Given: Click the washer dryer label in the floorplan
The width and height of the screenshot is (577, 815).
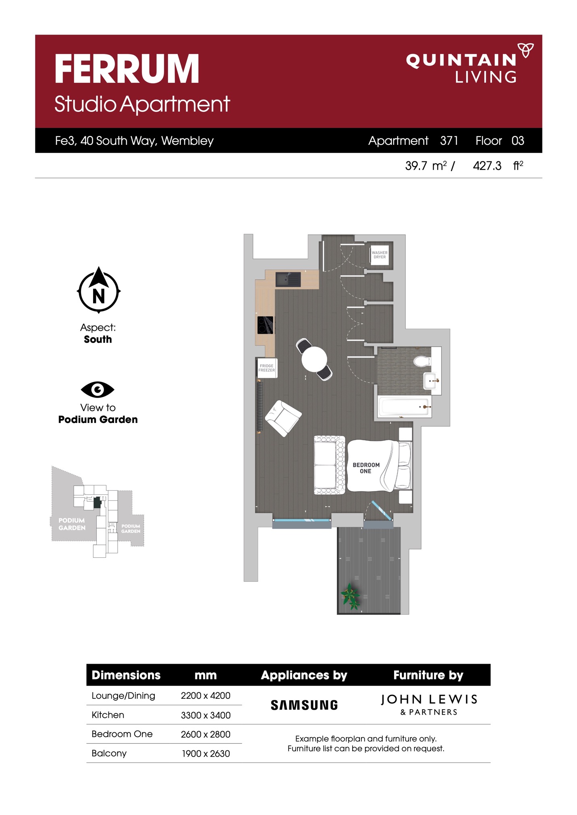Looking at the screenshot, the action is pos(380,255).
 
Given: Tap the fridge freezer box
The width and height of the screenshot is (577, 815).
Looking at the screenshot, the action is pos(267,368).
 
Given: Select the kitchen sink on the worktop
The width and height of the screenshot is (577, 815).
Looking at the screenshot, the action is pos(288,279).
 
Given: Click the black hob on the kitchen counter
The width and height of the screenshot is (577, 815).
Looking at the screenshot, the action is pos(266,325).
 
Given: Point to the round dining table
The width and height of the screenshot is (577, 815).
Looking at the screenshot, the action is pos(314,359).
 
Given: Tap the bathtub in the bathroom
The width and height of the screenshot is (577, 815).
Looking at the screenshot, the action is pos(404,406).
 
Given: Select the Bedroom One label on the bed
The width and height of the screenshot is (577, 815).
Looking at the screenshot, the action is pos(366,468).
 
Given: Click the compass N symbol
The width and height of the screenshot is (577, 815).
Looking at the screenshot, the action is pos(99,290).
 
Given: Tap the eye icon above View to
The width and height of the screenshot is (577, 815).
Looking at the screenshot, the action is pos(98,389).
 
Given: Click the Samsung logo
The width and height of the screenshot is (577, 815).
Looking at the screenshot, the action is pos(304,705).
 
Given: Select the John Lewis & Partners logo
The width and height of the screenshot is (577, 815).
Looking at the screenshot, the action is pos(429,704).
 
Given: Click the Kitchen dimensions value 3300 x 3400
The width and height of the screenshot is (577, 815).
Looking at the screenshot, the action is pos(205,715).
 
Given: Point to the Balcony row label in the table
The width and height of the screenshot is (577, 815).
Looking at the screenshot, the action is pos(109,753).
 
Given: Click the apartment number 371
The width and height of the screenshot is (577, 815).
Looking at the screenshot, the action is pos(449,140).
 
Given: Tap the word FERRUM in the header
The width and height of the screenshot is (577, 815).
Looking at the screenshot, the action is pos(127,69).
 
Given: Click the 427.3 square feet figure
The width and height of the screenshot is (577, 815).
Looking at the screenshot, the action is pos(487,165).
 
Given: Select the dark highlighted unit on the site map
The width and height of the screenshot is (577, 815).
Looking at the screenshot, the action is pos(97,502).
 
